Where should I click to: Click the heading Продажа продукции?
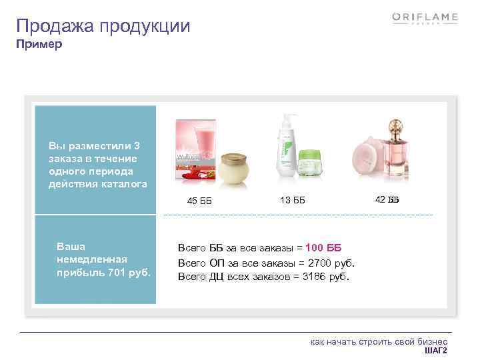point(103,27)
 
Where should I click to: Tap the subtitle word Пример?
point(39,45)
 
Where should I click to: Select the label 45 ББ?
point(199,201)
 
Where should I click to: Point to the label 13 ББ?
point(292,200)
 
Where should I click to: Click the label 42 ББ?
point(387,199)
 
